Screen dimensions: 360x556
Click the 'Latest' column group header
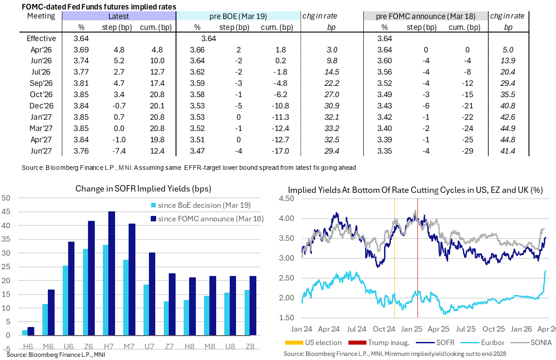coord(119,16)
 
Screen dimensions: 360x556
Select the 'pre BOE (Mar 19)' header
coord(238,16)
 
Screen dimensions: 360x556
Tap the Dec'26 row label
coord(41,106)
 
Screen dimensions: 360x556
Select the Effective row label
coord(41,38)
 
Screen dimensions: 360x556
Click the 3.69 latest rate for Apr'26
coord(82,50)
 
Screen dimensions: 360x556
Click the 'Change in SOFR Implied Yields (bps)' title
coord(144,189)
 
